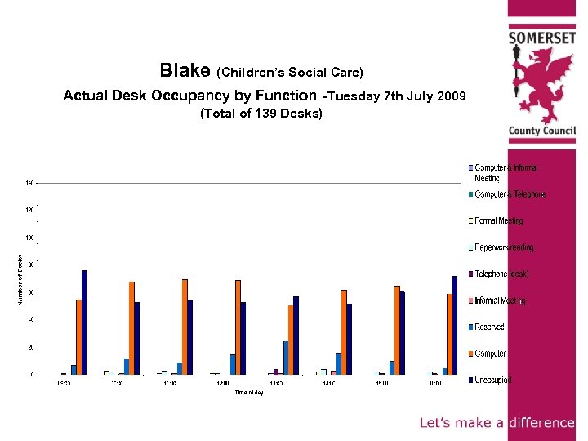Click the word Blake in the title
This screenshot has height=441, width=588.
(185, 70)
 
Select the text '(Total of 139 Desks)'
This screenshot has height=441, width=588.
(261, 114)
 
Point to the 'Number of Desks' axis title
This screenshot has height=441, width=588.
(21, 278)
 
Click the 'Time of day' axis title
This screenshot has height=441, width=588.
(249, 393)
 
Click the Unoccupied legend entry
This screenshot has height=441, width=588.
(493, 380)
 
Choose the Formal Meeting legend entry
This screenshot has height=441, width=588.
(498, 220)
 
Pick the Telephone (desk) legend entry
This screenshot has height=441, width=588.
(501, 274)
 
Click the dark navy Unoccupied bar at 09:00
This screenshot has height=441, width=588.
(84, 323)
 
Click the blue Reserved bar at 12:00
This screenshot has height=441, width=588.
(233, 364)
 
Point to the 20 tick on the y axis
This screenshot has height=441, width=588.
(32, 347)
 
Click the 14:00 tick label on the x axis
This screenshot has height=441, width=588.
(328, 382)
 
